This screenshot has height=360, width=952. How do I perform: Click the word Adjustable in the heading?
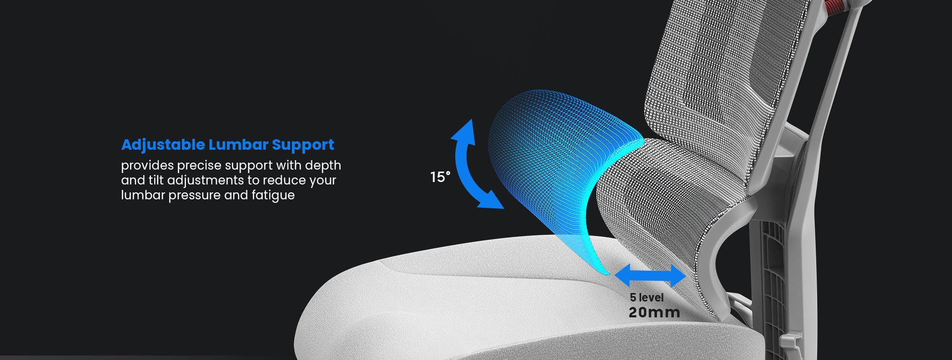(x=163, y=145)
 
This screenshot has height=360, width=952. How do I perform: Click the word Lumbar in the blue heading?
(x=238, y=144)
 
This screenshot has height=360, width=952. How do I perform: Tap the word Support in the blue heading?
(x=303, y=145)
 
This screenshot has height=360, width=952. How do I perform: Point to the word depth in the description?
(x=323, y=165)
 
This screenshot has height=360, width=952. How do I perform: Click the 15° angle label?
(x=440, y=177)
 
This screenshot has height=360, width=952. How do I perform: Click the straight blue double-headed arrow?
(x=650, y=276)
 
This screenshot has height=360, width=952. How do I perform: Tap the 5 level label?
(x=647, y=298)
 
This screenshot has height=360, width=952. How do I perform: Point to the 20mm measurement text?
(x=654, y=312)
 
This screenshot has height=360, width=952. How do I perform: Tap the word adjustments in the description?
(x=205, y=180)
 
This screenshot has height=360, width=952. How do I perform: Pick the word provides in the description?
(x=147, y=166)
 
